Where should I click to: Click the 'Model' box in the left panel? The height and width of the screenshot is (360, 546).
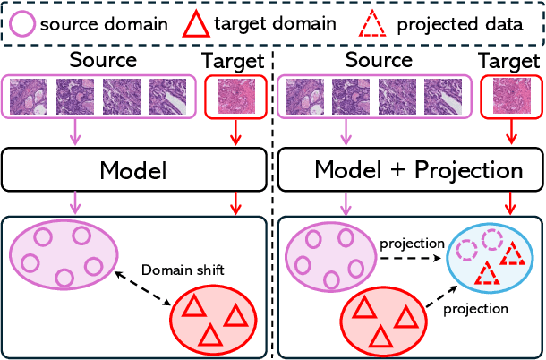click(x=133, y=170)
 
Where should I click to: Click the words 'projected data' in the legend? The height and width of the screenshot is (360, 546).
click(x=461, y=23)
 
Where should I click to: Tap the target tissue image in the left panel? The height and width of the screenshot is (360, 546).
click(x=235, y=98)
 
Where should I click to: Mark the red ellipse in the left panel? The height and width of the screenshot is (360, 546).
click(x=213, y=319)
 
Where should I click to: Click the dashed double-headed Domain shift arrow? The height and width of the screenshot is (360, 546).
click(x=155, y=287)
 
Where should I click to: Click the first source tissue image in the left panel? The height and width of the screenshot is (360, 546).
click(x=30, y=98)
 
